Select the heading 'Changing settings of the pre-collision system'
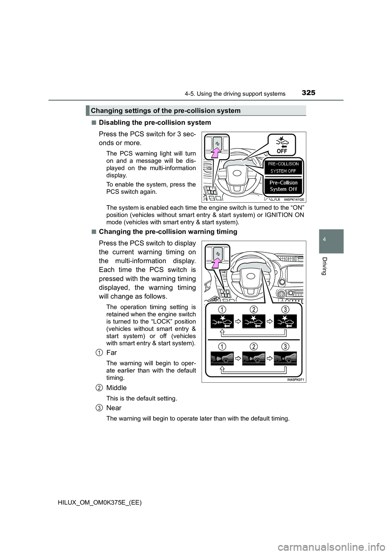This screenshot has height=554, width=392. (165, 111)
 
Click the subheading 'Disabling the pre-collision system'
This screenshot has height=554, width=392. (155, 122)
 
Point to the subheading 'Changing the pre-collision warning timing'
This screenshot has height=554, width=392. (168, 232)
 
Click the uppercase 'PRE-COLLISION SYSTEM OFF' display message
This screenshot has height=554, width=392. (283, 167)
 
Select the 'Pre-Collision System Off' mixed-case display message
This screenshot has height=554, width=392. (283, 186)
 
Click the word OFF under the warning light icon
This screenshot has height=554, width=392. (282, 151)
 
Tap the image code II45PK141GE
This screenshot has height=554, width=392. (294, 199)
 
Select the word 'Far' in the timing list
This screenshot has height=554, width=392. (111, 352)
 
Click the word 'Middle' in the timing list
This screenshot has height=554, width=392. (116, 388)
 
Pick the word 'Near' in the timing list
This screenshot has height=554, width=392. (114, 408)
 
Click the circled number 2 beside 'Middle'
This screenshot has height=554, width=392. (100, 388)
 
